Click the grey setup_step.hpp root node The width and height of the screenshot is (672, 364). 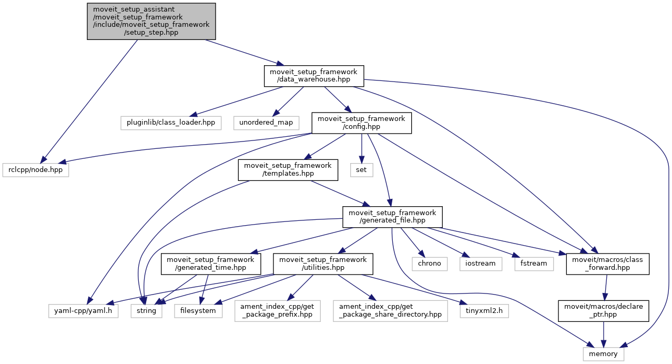point(151,21)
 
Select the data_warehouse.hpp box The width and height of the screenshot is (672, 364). point(314,76)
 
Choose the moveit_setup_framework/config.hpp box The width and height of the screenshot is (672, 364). point(361,123)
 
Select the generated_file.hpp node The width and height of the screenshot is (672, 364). point(392,217)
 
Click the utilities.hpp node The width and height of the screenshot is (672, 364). point(323,264)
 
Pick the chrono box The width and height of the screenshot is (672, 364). point(430,263)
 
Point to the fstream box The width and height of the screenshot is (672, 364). point(534,263)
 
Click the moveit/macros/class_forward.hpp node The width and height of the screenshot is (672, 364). point(607,264)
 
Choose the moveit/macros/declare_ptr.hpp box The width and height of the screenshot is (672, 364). point(604,310)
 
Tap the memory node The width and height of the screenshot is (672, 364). point(604,353)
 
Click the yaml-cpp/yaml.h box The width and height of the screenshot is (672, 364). point(83,310)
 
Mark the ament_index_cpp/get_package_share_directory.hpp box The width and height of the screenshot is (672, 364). point(390,310)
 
